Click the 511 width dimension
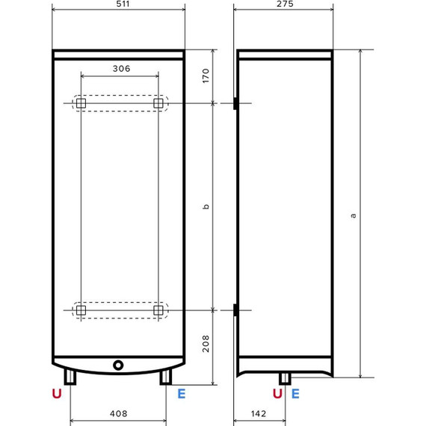(x=118, y=4)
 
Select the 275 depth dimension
(x=283, y=4)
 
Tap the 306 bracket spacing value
(x=121, y=69)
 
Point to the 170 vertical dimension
(x=206, y=75)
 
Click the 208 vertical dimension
(x=206, y=343)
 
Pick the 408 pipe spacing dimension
(x=118, y=413)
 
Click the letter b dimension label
(x=206, y=206)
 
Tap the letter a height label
(x=352, y=215)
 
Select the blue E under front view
(x=181, y=393)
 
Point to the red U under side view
(x=277, y=393)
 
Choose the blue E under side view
(x=295, y=393)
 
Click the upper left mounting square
(x=81, y=103)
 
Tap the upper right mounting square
(x=158, y=103)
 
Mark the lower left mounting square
(x=81, y=309)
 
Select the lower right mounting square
(x=158, y=309)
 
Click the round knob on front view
(x=118, y=366)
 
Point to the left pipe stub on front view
(x=71, y=377)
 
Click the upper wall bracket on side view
(x=235, y=103)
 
